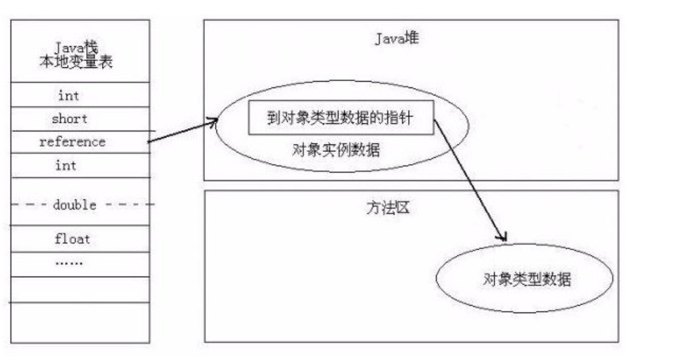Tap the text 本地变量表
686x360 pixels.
pyautogui.click(x=76, y=61)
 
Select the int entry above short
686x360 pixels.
pyautogui.click(x=69, y=96)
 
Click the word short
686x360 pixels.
pyautogui.click(x=70, y=119)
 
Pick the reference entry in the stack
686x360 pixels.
pyautogui.click(x=72, y=142)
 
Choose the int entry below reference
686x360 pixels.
pyautogui.click(x=66, y=165)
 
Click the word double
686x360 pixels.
pyautogui.click(x=75, y=204)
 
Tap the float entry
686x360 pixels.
pyautogui.click(x=72, y=239)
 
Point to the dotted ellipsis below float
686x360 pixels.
pyautogui.click(x=69, y=263)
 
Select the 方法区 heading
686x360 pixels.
pyautogui.click(x=388, y=209)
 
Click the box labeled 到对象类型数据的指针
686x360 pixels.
pyautogui.click(x=341, y=118)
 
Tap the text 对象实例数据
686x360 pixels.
pyautogui.click(x=336, y=151)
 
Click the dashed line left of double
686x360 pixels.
pyautogui.click(x=30, y=204)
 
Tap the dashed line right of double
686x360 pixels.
pyautogui.click(x=130, y=204)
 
